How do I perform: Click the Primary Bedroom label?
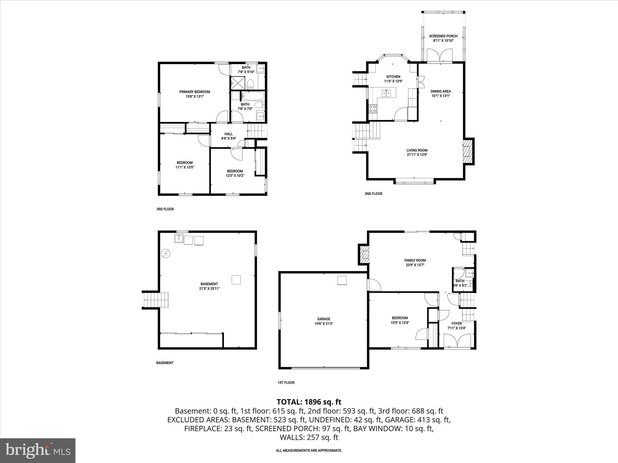(x=195, y=92)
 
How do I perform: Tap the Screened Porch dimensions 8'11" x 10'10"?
(x=443, y=40)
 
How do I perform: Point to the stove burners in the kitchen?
(x=373, y=109)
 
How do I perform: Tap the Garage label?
(x=323, y=319)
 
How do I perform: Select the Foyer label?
(x=457, y=323)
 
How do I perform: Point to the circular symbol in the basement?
(x=165, y=254)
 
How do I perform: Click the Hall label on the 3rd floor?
(x=228, y=134)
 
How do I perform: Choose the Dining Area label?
(x=441, y=91)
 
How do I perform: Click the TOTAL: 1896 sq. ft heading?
(x=309, y=402)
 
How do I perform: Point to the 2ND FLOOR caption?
(x=373, y=194)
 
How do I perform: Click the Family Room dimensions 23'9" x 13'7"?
(x=415, y=265)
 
